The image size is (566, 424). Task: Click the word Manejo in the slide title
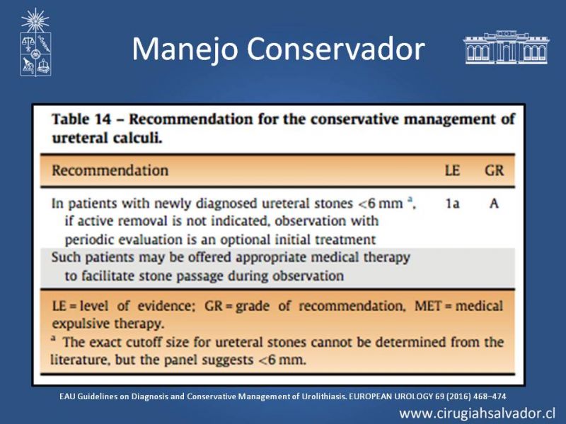pos(185,49)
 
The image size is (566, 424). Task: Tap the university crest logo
pos(35,42)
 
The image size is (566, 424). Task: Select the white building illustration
pos(506,47)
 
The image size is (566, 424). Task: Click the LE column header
pos(452,170)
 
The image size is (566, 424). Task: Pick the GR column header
pos(494,170)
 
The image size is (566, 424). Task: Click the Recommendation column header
pos(110,170)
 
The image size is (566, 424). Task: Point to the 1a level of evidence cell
pos(452,204)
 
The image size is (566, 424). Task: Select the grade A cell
pos(494,204)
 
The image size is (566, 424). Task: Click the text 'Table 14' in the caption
pos(81,119)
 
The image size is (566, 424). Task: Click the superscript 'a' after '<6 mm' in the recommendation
pos(410,199)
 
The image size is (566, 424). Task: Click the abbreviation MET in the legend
pos(428,306)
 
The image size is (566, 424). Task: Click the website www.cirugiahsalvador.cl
pos(477,413)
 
